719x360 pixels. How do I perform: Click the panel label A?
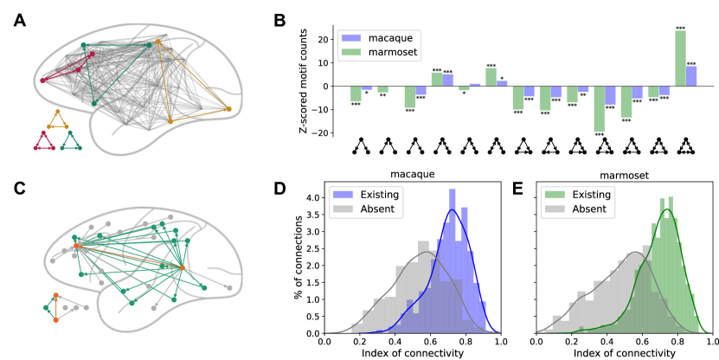coord(19,22)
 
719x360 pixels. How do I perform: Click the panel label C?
coord(19,187)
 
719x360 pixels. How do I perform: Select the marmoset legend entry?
coord(373,52)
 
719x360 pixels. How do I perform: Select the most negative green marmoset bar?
coord(599,108)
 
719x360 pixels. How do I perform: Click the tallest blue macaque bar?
coord(691,76)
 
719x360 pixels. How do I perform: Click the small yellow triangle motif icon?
coord(58,119)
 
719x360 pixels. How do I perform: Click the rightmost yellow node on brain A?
coord(229,109)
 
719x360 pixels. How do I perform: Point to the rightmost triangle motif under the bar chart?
coord(685,145)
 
